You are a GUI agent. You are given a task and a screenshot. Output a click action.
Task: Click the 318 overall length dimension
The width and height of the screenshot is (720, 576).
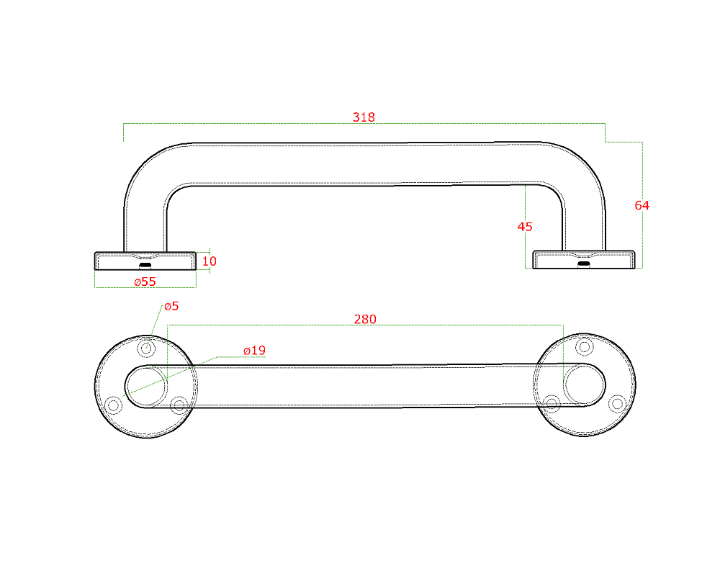pyautogui.click(x=364, y=117)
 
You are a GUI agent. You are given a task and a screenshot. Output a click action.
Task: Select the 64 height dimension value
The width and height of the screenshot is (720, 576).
pyautogui.click(x=642, y=205)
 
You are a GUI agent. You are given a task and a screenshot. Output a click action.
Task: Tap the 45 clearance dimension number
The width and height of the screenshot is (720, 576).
pyautogui.click(x=525, y=227)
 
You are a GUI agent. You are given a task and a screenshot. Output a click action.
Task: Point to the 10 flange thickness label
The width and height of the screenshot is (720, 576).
pyautogui.click(x=210, y=261)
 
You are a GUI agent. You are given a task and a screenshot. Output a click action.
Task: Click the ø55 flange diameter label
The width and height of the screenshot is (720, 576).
pyautogui.click(x=145, y=282)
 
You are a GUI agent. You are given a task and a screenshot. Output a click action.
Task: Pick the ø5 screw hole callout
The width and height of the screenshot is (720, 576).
pyautogui.click(x=171, y=306)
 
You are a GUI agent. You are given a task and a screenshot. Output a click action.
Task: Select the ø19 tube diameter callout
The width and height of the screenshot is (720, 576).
pyautogui.click(x=254, y=351)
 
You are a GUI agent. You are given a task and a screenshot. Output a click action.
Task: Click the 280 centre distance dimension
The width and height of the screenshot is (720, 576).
pyautogui.click(x=365, y=319)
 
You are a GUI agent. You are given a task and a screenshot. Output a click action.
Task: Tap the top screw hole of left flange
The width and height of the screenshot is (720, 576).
pyautogui.click(x=146, y=348)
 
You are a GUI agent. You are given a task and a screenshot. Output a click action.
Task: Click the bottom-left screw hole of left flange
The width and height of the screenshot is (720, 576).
pyautogui.click(x=114, y=405)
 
